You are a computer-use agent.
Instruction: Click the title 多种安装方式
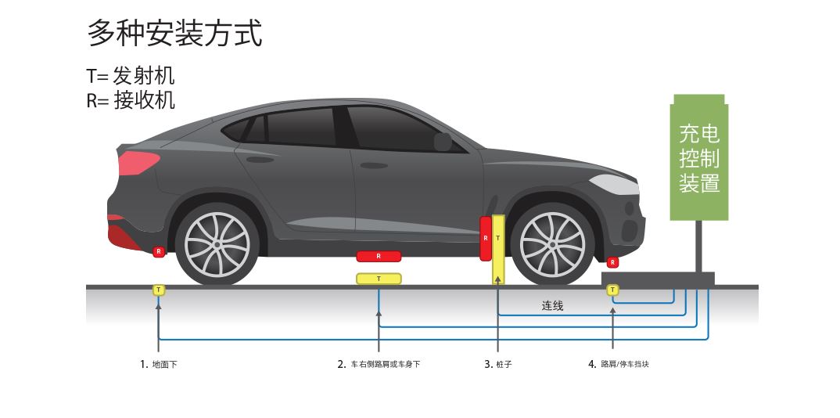(x=174, y=34)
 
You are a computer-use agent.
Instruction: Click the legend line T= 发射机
(x=131, y=76)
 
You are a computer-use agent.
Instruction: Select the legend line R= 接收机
(x=131, y=100)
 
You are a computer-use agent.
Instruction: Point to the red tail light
(x=138, y=164)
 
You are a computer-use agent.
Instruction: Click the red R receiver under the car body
(x=379, y=256)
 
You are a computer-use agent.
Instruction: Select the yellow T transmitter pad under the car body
(x=379, y=279)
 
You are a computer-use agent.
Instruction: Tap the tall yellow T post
(x=498, y=249)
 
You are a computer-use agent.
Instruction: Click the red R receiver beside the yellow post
(x=486, y=238)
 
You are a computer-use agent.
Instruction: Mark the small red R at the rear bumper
(x=159, y=251)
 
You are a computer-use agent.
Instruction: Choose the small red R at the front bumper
(x=612, y=262)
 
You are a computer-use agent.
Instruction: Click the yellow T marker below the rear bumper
(x=159, y=290)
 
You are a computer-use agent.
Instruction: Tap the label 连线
(x=552, y=306)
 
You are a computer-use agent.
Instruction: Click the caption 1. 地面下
(x=159, y=364)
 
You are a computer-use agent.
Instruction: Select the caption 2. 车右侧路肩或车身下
(x=379, y=364)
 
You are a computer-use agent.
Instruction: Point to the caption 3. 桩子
(x=498, y=364)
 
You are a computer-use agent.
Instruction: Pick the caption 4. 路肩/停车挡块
(x=618, y=364)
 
